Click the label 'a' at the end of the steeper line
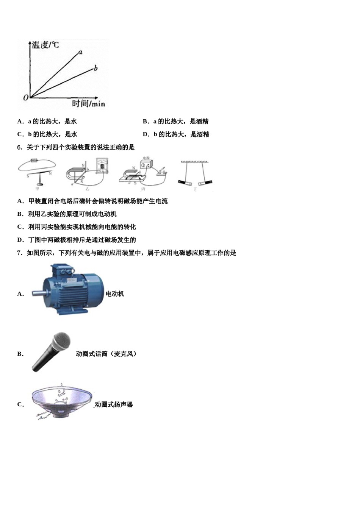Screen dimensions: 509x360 coord(80,52)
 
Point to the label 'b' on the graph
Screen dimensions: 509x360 coord(95,68)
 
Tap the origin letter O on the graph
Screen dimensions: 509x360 coord(25,98)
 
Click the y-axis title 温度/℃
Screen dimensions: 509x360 coord(45,45)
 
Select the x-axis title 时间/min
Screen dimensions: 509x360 coord(88,103)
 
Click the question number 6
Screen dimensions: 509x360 coord(19,147)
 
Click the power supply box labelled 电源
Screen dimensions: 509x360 coord(146,164)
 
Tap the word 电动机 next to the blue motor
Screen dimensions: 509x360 coord(115,294)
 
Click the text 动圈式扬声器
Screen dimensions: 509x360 coord(114,404)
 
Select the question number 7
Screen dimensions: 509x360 coord(19,253)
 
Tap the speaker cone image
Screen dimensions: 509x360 coord(62,402)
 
